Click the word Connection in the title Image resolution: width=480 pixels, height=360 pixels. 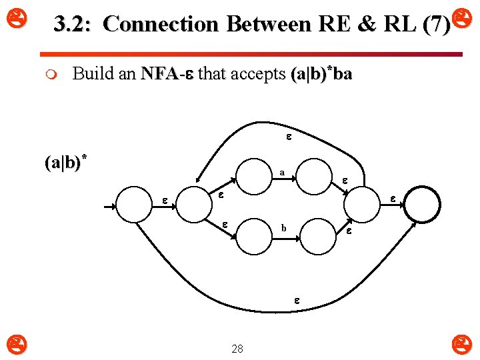click(x=161, y=24)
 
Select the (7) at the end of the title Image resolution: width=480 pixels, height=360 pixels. click(x=436, y=24)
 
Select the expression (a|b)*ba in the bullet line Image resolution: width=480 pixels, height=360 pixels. click(x=321, y=74)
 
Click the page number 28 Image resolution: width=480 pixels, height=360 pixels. click(x=237, y=349)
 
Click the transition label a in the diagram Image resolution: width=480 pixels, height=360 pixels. click(x=282, y=173)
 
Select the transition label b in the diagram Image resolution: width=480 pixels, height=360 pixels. click(x=283, y=228)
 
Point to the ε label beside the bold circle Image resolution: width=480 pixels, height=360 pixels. click(x=393, y=198)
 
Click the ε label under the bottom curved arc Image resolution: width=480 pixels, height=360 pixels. click(x=297, y=301)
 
